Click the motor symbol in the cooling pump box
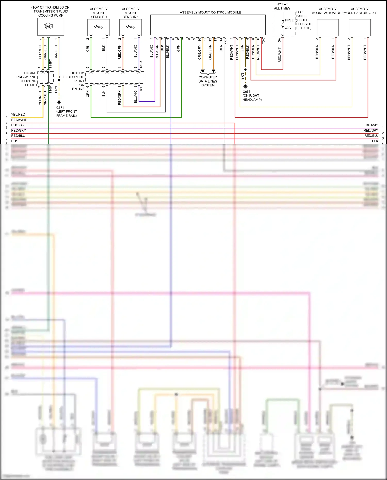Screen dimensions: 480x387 tap(48, 26)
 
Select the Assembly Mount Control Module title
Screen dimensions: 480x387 tap(210, 12)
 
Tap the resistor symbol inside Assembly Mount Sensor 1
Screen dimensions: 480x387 tap(99, 27)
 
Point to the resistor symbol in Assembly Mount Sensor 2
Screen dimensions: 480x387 tap(131, 27)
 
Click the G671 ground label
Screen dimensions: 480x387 tap(60, 108)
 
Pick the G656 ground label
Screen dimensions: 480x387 tap(246, 92)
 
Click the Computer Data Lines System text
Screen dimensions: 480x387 tap(208, 81)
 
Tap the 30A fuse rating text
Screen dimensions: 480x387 tap(288, 28)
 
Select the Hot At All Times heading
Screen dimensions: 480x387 tap(282, 6)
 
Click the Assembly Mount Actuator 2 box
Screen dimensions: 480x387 tap(328, 28)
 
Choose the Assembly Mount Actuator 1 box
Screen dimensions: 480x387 tap(360, 28)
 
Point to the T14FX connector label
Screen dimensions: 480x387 tap(51, 63)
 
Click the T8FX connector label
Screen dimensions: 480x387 tap(141, 64)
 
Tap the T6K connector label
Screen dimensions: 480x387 tap(263, 41)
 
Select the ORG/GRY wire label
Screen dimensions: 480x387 tap(199, 52)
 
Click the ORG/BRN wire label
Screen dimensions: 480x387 tap(210, 52)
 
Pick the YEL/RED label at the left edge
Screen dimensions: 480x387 tap(18, 115)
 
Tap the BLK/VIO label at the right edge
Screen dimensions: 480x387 tap(372, 125)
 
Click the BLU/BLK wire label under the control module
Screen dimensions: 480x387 tap(168, 52)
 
